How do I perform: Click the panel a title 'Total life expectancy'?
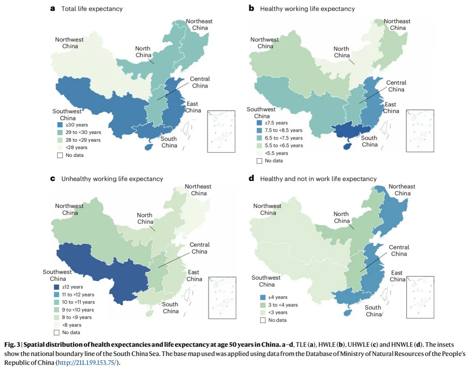[x=92, y=9]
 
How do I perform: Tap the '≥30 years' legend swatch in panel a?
[x=60, y=125]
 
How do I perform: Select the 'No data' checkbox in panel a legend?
[x=60, y=155]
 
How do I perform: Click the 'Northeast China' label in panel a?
[x=200, y=24]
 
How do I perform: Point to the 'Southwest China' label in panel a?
[x=67, y=114]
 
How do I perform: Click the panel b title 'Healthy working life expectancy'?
[x=307, y=9]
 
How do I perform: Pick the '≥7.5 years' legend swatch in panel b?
[x=259, y=123]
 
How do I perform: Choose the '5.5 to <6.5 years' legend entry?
[x=284, y=145]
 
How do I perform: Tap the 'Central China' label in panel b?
[x=396, y=86]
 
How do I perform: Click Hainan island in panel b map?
[x=347, y=147]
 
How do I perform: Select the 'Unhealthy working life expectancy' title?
[x=112, y=179]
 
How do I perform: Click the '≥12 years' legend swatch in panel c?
[x=57, y=287]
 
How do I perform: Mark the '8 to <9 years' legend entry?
[x=77, y=317]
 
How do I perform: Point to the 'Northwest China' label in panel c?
[x=69, y=209]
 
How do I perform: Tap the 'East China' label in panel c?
[x=194, y=276]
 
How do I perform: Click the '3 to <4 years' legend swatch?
[x=263, y=305]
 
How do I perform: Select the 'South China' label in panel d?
[x=373, y=311]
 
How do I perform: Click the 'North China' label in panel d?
[x=341, y=217]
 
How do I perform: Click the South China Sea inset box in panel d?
[x=420, y=297]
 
